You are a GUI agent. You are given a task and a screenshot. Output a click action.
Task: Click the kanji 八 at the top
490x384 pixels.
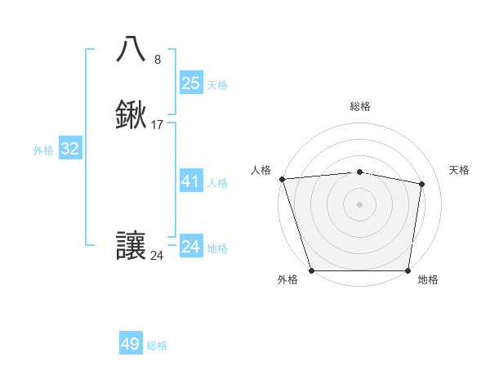(131, 49)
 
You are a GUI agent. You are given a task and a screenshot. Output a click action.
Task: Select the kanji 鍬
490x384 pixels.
(131, 115)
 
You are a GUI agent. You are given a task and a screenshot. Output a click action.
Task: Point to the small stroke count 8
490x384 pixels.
(158, 59)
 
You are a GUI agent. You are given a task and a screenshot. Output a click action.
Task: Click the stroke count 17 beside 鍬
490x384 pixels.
(158, 125)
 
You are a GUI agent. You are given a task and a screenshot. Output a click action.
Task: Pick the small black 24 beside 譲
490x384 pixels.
(158, 256)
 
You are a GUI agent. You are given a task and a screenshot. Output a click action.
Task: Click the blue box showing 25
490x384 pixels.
(191, 83)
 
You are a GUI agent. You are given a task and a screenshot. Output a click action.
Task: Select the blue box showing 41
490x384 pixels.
(191, 181)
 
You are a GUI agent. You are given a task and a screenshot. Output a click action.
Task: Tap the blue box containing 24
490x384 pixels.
(191, 247)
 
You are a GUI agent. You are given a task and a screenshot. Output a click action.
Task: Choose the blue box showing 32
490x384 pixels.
(70, 149)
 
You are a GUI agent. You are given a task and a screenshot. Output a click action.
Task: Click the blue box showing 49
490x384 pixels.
(131, 344)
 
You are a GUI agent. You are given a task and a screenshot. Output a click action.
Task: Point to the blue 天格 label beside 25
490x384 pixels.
(217, 85)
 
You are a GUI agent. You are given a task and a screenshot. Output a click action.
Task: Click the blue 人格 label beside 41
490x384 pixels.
(217, 183)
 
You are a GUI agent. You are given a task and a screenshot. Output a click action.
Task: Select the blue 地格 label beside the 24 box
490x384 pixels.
(217, 248)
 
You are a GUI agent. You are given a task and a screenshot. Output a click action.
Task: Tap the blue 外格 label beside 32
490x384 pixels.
(43, 150)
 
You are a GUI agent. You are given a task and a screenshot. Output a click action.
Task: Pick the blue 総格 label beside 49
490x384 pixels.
(157, 346)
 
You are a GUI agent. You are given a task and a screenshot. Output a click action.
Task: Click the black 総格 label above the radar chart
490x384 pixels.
(360, 106)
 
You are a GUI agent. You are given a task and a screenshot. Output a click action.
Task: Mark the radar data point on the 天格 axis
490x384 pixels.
(421, 184)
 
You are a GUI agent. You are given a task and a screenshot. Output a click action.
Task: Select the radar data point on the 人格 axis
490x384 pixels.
(282, 179)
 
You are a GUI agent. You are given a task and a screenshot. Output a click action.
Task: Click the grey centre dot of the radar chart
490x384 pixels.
(360, 203)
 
